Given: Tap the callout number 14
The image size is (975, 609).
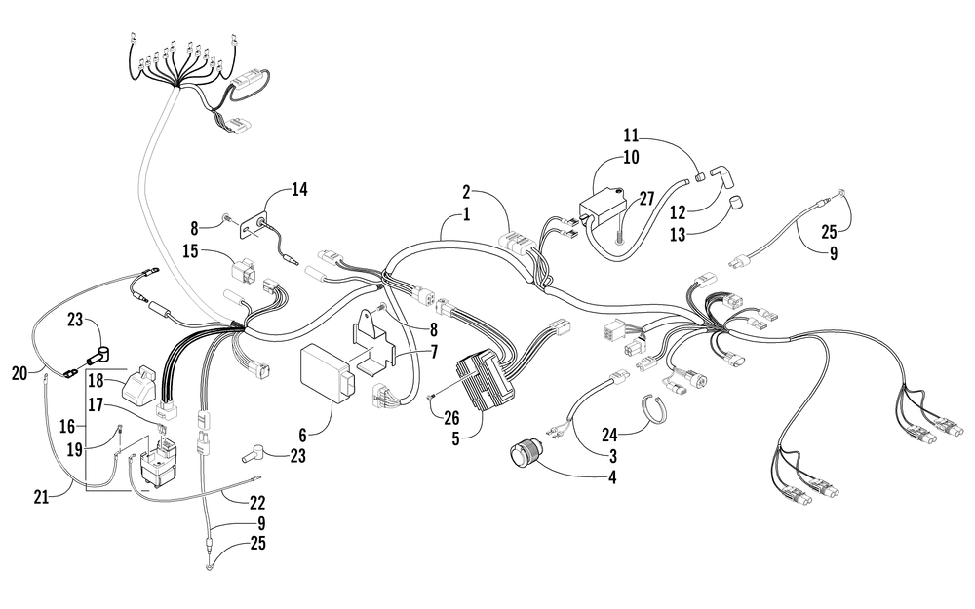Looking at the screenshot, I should click(x=299, y=190).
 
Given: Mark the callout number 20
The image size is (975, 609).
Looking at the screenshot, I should click(x=20, y=371).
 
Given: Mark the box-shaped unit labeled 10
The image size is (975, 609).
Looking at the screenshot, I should click(x=604, y=209).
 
